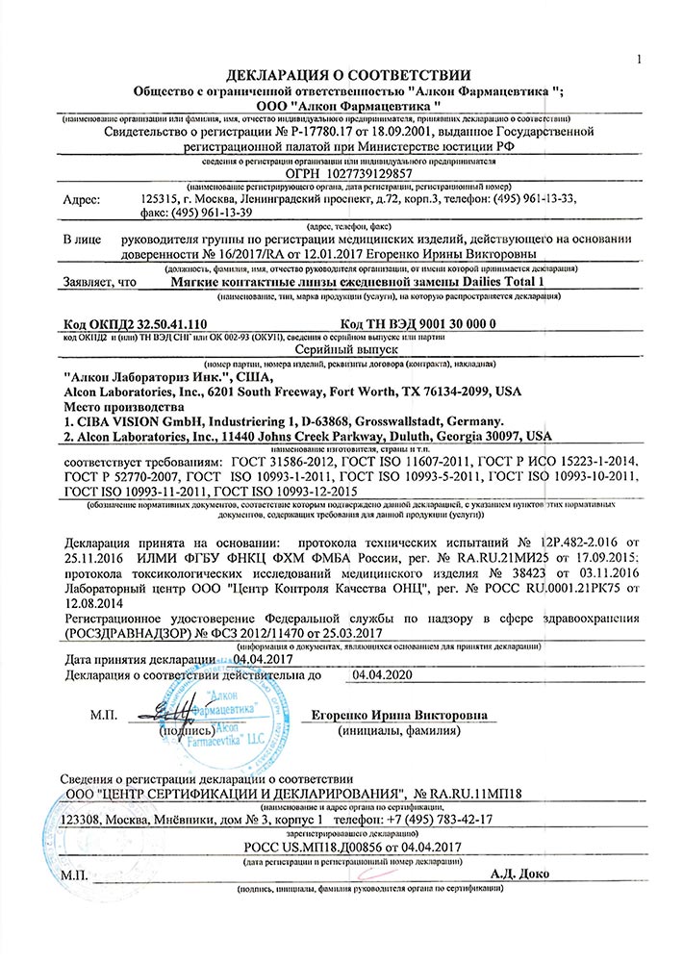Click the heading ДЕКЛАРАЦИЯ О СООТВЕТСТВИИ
click(x=348, y=74)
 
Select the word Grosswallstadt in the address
click(x=400, y=422)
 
